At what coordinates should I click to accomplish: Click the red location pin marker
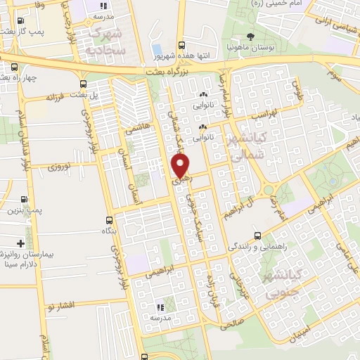[181, 165]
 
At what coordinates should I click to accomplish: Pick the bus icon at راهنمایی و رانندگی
[258, 236]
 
